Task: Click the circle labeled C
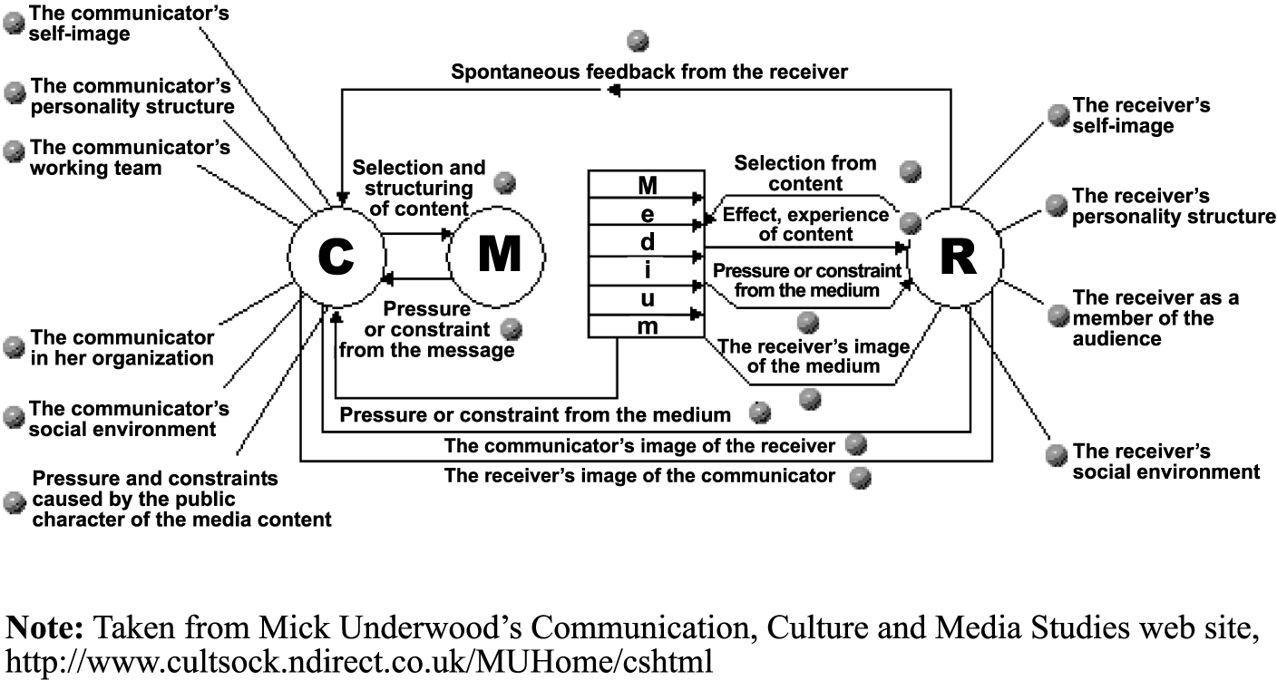click(336, 257)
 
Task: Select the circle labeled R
click(956, 257)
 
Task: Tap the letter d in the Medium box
click(647, 243)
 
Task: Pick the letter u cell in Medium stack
click(647, 299)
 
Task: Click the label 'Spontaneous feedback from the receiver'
click(649, 72)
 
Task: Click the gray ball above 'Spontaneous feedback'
click(638, 41)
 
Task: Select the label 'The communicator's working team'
click(130, 157)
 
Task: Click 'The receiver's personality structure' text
click(1173, 207)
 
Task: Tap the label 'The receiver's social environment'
click(1165, 461)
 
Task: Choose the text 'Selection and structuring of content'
click(418, 189)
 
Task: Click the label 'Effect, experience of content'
click(805, 224)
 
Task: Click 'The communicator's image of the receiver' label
click(638, 446)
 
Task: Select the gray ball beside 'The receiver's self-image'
click(1058, 114)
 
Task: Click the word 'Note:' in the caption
click(46, 627)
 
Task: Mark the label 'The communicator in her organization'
click(122, 347)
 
